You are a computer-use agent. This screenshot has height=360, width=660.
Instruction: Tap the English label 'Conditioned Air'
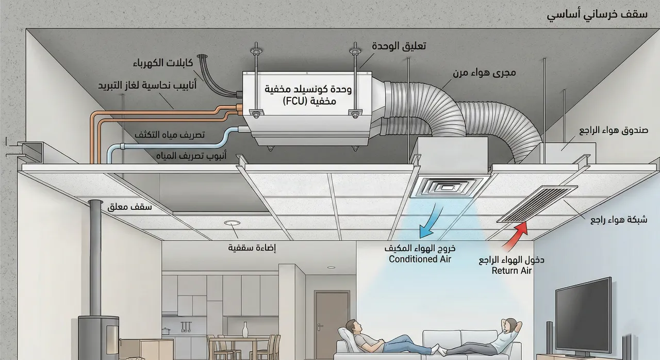coord(420,259)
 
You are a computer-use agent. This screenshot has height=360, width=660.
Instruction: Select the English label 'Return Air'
coord(511,270)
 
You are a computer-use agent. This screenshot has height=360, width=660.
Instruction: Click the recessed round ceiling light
coord(232,223)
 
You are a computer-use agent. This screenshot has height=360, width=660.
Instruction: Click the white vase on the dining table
coord(245,330)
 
